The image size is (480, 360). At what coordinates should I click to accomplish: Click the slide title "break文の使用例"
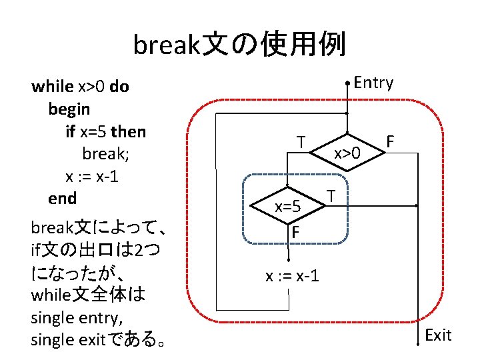[x=239, y=46]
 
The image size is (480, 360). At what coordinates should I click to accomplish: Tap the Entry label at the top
[x=373, y=83]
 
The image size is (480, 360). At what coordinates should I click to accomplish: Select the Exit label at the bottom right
[x=438, y=335]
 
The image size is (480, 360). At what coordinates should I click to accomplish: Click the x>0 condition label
[x=347, y=153]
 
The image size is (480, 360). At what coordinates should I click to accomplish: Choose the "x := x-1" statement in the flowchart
[x=292, y=275]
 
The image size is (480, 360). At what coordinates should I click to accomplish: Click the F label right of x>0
[x=391, y=142]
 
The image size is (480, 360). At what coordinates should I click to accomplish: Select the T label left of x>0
[x=302, y=143]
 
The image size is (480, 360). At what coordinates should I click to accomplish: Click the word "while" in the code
[x=53, y=86]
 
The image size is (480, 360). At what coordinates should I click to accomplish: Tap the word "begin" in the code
[x=69, y=108]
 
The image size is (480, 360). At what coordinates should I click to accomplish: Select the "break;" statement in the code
[x=105, y=153]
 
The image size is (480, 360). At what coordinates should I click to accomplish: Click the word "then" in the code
[x=130, y=131]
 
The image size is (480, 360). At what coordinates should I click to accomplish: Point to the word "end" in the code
[x=63, y=198]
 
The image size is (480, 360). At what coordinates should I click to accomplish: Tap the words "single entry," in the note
[x=73, y=317]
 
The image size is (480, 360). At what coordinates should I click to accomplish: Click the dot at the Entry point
[x=347, y=83]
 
